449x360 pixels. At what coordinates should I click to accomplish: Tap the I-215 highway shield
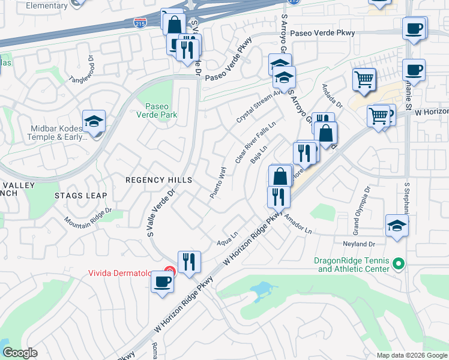139,22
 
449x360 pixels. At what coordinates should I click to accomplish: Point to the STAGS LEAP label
80,196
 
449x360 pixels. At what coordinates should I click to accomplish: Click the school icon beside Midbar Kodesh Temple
94,122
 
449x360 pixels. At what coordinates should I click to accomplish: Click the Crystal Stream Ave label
260,107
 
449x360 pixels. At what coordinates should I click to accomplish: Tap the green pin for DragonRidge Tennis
398,264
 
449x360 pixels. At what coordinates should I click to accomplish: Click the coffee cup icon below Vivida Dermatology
161,282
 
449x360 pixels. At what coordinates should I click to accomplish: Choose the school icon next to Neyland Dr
397,226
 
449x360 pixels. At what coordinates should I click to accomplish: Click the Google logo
20,353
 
